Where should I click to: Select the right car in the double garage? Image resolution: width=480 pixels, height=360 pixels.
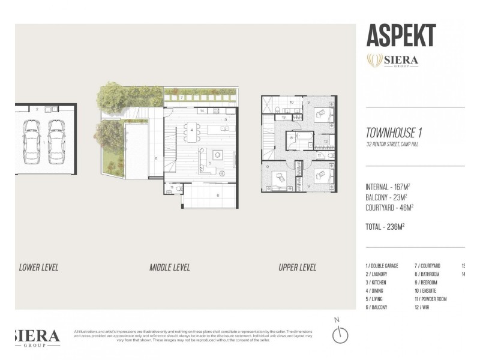56,142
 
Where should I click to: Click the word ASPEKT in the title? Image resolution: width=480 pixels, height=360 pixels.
401,36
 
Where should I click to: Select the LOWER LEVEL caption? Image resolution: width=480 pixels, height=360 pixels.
38,267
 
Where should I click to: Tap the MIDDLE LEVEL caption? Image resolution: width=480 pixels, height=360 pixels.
169,267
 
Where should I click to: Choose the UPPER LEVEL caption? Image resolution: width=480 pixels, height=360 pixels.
297,267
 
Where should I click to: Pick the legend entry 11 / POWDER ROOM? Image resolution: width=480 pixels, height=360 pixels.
436,299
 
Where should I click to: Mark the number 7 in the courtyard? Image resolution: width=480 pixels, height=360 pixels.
181,97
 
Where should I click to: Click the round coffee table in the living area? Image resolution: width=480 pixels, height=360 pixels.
218,155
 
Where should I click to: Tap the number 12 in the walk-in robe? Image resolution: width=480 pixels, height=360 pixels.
325,142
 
